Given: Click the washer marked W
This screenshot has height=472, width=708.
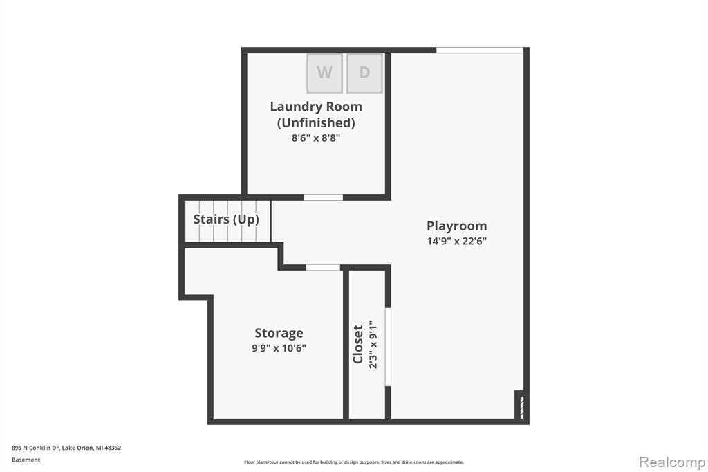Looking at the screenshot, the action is [324, 73].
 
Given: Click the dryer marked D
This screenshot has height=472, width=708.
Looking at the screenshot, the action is [364, 73].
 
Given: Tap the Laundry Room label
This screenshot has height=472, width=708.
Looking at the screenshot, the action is [316, 107].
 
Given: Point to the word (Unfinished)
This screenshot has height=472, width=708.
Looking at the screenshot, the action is [316, 122].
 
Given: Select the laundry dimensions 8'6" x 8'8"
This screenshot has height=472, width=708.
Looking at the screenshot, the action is [315, 138].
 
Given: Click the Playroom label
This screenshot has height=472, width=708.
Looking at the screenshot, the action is [457, 226].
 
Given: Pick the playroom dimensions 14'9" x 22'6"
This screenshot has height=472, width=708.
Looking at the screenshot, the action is [457, 241].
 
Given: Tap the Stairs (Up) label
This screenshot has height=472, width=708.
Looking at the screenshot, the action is [226, 219].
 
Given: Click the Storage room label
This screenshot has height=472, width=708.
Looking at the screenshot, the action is [279, 333].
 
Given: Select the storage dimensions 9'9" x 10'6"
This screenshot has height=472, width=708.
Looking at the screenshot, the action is [279, 348].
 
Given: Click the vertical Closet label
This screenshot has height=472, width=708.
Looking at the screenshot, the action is [358, 345].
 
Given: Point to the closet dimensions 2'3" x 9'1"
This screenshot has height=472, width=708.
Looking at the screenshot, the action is [373, 345].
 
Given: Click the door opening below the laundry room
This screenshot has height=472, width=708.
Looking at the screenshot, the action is [324, 197].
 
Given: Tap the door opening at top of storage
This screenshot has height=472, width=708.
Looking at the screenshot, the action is [323, 268].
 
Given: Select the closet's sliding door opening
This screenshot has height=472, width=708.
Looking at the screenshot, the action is [388, 347].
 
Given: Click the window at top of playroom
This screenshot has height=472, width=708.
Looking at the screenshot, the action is [480, 51].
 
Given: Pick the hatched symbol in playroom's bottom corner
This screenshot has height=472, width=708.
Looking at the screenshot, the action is [521, 408].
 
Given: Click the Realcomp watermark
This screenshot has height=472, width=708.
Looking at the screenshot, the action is [672, 462].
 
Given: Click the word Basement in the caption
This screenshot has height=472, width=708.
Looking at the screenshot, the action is [26, 460].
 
